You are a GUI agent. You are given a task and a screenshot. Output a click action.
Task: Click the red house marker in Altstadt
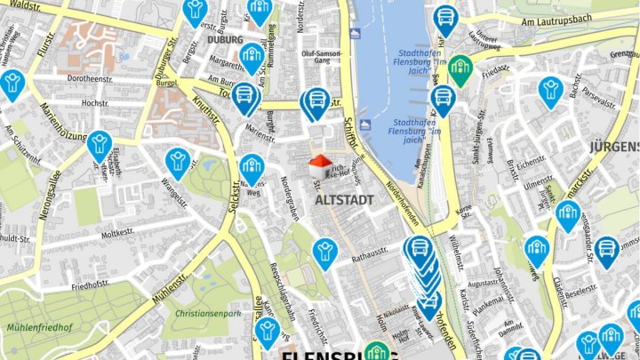click(319, 161)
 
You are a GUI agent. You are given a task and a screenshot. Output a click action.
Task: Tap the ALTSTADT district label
click(344, 200)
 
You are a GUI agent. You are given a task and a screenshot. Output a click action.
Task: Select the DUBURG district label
click(224, 40)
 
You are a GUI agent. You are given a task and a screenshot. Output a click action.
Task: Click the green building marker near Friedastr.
click(460, 68)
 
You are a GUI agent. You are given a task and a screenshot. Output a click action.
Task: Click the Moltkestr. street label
click(116, 234)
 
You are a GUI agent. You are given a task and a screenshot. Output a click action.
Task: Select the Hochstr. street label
click(94, 103)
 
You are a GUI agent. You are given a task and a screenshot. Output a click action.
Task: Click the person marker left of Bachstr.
click(551, 90)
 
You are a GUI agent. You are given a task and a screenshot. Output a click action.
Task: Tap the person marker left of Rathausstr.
click(325, 251)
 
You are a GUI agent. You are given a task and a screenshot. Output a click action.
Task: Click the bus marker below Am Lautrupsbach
click(445, 18)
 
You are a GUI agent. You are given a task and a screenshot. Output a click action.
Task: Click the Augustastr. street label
click(484, 282)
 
